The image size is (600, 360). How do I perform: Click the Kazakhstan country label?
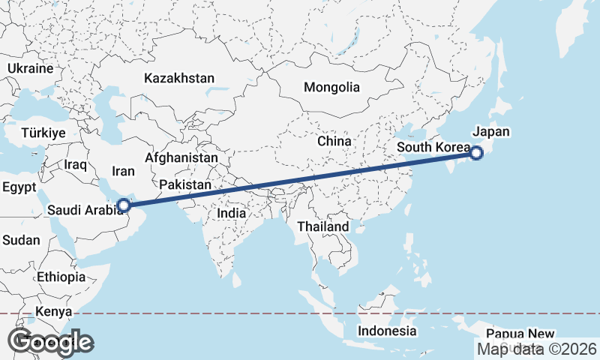179,78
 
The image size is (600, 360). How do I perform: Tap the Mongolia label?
331,87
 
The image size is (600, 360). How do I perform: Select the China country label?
334,141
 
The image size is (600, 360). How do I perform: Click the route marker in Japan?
476,154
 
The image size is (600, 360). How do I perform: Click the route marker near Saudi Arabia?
124,203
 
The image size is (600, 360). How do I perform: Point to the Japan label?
491,132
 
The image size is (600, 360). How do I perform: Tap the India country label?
232,213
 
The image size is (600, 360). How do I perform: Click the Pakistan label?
185,184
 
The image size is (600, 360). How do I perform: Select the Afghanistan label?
181,158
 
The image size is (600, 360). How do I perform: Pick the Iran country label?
123,172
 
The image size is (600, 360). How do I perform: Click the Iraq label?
76,164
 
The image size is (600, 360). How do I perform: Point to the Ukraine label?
30,68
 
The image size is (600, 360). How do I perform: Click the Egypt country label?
19,187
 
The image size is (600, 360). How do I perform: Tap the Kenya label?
53,311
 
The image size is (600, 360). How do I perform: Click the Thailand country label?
323,226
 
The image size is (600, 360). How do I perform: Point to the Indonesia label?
386,331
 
